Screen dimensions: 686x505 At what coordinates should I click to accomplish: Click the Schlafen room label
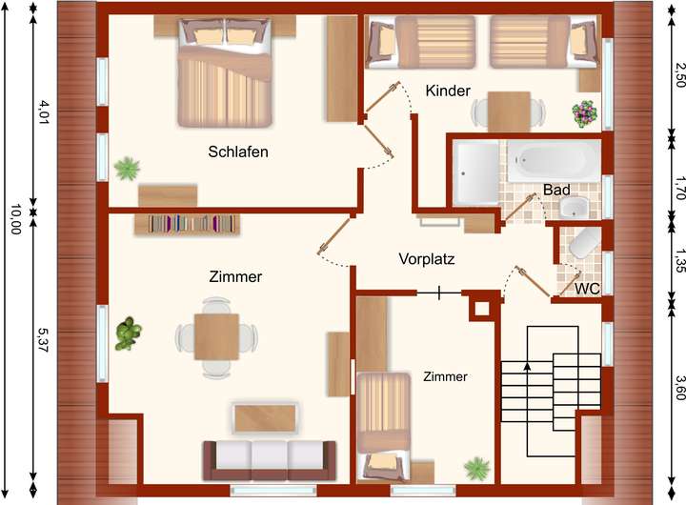[238, 151]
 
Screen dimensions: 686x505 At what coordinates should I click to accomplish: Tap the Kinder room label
[448, 91]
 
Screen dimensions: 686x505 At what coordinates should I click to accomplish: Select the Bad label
[556, 190]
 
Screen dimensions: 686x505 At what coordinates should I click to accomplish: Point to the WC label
[587, 288]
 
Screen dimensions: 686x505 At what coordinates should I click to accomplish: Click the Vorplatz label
[427, 258]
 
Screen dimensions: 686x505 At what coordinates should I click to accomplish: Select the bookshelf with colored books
[193, 224]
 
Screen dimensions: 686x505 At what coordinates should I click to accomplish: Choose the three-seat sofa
[270, 458]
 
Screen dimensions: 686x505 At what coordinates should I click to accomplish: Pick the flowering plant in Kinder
[584, 114]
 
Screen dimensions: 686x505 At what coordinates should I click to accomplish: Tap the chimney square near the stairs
[481, 308]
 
